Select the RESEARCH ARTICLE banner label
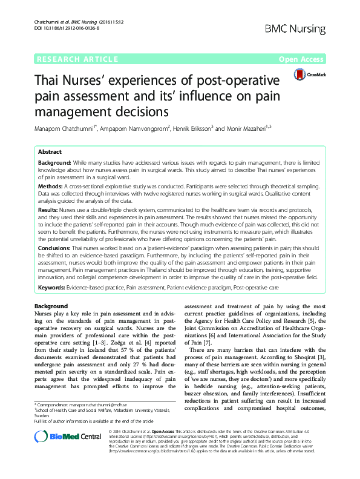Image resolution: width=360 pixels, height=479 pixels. (x=77, y=59)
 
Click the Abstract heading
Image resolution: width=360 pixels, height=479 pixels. (x=50, y=152)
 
